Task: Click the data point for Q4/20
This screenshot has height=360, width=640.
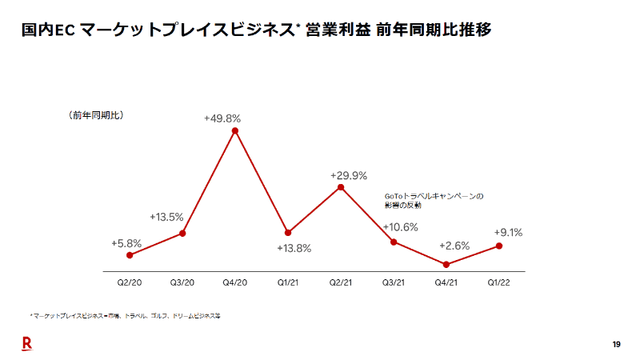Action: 235,130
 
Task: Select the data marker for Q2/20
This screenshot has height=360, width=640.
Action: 130,255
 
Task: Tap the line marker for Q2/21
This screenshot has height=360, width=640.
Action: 341,187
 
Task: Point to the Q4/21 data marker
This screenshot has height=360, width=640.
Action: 446,265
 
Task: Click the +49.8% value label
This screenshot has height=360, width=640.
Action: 222,118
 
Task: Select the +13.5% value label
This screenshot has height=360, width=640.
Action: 166,217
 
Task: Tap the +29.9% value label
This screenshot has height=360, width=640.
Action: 349,175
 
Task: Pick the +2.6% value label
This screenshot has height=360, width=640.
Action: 454,246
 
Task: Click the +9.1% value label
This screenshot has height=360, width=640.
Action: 508,233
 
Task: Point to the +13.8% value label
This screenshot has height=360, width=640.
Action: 294,248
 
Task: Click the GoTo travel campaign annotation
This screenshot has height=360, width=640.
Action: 434,200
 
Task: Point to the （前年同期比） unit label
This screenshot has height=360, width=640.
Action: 95,115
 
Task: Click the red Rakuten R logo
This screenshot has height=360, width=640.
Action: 26,343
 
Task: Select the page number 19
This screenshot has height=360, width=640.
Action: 616,344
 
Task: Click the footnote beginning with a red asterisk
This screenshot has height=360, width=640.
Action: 124,316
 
